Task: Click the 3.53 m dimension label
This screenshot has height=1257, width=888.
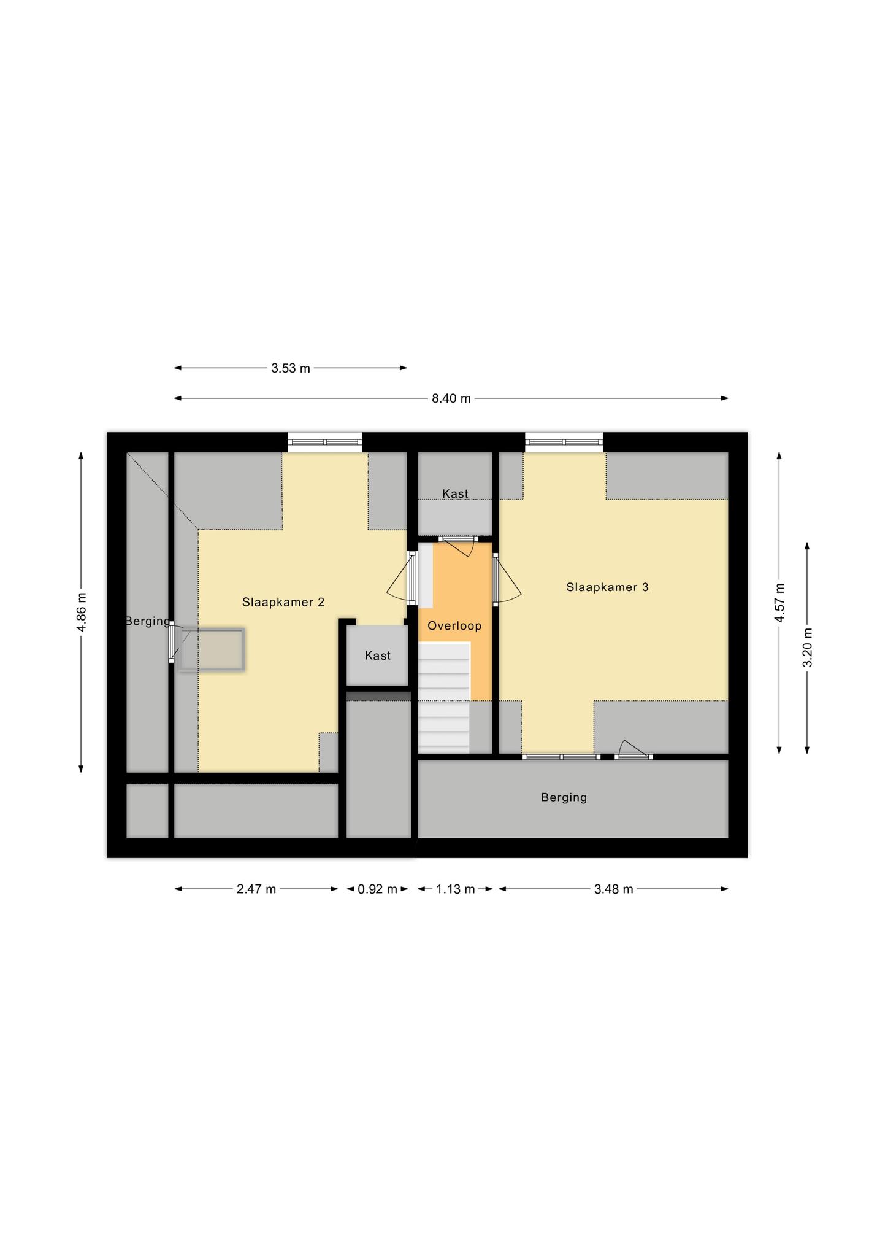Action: tap(291, 368)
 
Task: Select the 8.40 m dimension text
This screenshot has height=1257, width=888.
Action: tap(451, 398)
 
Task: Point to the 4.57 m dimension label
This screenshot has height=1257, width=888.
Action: tap(779, 603)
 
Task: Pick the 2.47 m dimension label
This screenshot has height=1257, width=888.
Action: tap(256, 889)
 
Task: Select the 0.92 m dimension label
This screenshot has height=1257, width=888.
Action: tap(378, 889)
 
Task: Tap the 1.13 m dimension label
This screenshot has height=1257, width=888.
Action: tap(456, 889)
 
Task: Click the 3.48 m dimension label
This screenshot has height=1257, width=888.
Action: tap(613, 889)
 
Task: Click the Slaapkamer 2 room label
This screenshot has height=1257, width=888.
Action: tap(283, 602)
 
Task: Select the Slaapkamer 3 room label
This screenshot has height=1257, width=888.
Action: tap(607, 587)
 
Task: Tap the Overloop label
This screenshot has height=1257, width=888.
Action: tap(454, 626)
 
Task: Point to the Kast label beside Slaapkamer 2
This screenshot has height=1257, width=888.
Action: tap(378, 656)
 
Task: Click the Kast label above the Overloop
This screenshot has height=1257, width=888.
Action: tap(455, 493)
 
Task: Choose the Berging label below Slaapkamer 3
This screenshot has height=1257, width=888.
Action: tap(564, 797)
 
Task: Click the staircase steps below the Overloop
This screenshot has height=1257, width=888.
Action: tap(444, 697)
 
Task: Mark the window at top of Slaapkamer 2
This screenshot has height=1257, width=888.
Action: tap(325, 442)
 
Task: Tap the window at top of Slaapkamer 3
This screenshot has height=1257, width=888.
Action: tap(564, 442)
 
